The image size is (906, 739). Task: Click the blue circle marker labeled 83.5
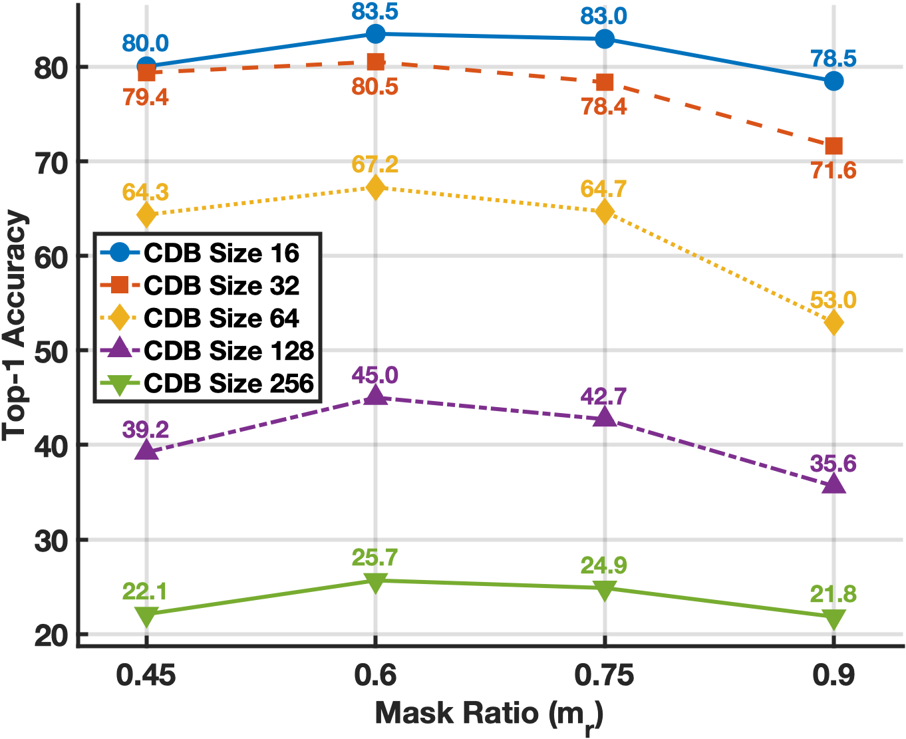point(375,34)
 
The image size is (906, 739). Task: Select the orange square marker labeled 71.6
point(833,146)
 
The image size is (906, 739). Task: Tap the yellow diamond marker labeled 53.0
point(833,323)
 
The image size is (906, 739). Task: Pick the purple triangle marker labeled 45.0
point(375,396)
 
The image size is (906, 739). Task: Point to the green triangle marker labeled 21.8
point(833,619)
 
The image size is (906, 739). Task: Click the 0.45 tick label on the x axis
point(146,676)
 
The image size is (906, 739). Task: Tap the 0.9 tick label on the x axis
point(833,676)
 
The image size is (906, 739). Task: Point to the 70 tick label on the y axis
point(51,162)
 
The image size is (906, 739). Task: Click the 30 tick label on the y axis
point(51,540)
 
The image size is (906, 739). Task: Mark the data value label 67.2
point(375,164)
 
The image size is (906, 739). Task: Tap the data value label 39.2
point(146,430)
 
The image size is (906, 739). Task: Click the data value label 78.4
point(604,106)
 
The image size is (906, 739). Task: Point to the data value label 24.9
point(604,565)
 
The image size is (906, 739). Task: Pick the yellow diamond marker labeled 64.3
point(146,215)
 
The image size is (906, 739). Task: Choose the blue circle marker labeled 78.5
point(833,81)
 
